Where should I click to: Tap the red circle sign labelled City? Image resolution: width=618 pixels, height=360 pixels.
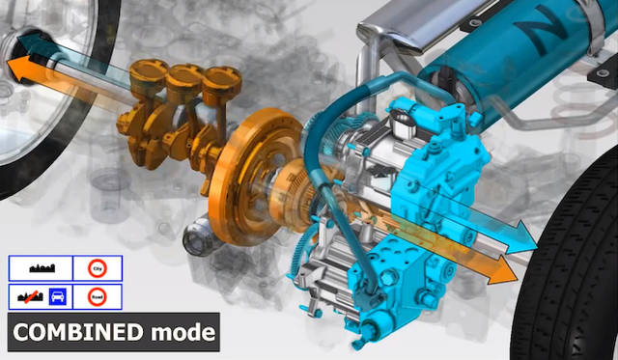tap(96, 269)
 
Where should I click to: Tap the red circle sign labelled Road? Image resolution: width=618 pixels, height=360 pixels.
tap(96, 296)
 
